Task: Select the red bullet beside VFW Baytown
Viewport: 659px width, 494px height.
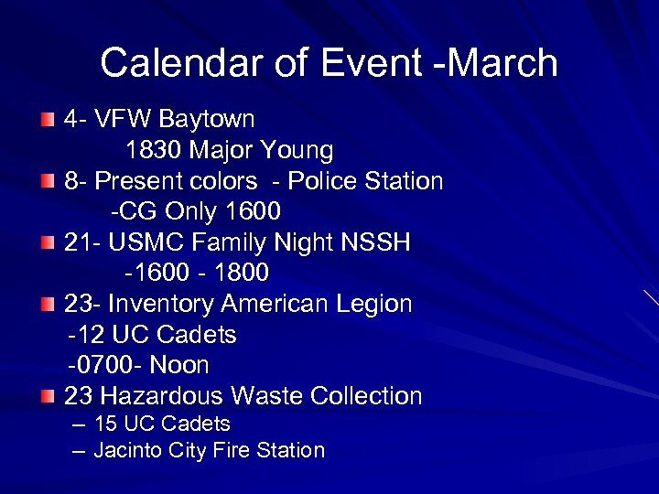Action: point(48,120)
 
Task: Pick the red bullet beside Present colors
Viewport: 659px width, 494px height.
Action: point(48,181)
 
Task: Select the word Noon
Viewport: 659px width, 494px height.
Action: point(179,365)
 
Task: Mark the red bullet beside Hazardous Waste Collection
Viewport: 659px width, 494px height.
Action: point(48,396)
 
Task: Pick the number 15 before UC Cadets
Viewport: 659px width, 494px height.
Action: point(105,424)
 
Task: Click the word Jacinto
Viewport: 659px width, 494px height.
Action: point(126,450)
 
